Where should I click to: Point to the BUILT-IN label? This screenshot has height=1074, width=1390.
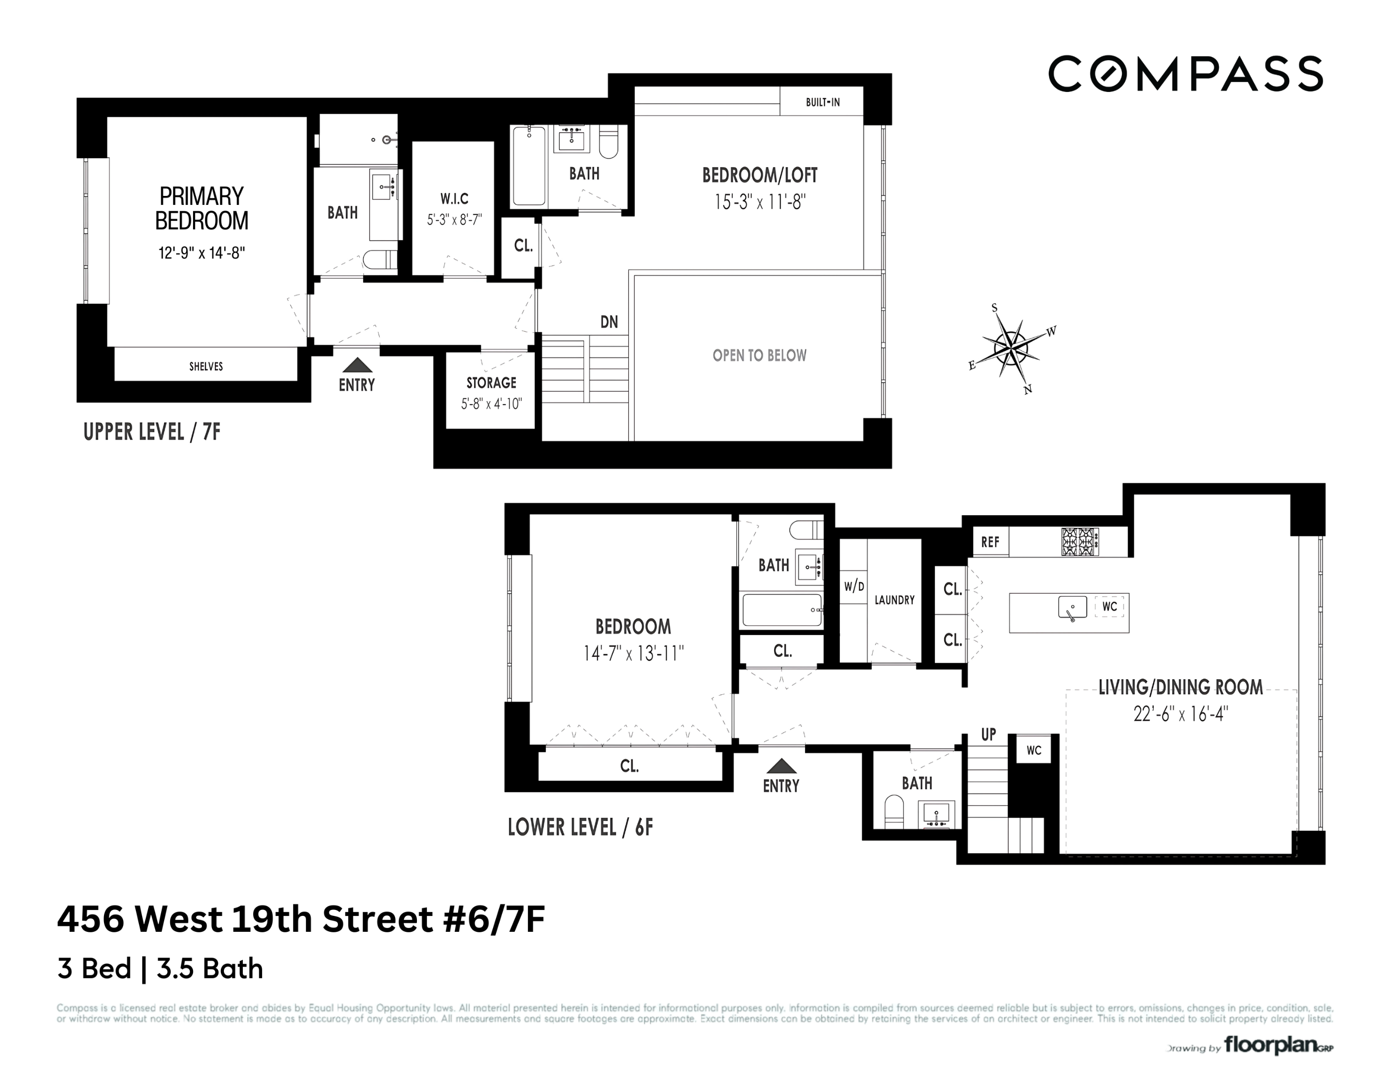click(822, 102)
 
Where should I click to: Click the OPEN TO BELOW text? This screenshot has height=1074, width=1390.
click(759, 356)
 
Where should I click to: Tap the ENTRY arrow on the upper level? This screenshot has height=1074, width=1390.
click(357, 365)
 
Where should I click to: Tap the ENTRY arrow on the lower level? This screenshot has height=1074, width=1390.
click(781, 766)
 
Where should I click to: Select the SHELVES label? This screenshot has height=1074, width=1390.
click(205, 366)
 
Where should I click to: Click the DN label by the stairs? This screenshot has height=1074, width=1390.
click(609, 322)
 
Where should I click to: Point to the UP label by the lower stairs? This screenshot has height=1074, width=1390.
click(988, 735)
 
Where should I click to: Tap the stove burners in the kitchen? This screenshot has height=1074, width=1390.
click(1080, 542)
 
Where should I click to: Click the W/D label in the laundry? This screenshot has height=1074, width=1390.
click(854, 587)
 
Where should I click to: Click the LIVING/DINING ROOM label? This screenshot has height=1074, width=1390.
click(1180, 687)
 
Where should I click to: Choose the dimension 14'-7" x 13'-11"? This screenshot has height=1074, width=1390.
click(633, 653)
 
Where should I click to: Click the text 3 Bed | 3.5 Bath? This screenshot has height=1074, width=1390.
click(160, 969)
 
